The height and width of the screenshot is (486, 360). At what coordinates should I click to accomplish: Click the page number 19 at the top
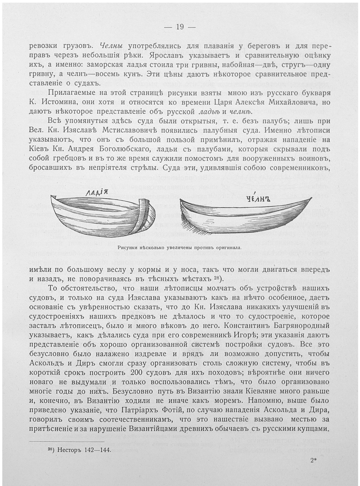click(x=180, y=27)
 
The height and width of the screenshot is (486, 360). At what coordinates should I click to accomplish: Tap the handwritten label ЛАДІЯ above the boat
click(x=96, y=193)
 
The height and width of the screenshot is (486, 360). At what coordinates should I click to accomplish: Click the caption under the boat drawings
click(x=180, y=247)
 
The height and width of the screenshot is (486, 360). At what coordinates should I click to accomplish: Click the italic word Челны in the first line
click(x=111, y=46)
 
